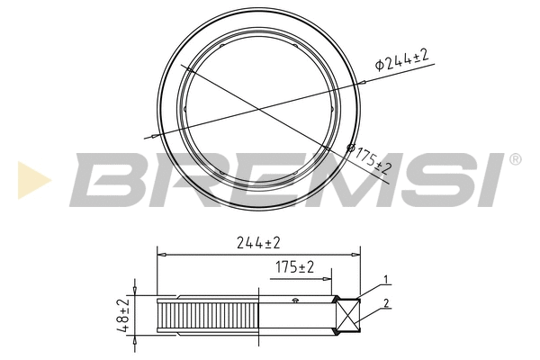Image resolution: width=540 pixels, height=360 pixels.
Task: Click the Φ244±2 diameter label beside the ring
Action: pos(401,60)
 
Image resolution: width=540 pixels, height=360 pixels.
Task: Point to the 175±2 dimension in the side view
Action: pos(293,267)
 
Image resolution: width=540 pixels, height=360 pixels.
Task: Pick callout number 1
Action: pos(385,279)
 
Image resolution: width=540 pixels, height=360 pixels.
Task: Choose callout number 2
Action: pos(385,303)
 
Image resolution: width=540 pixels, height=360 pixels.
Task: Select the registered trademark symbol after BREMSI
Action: pos(515,159)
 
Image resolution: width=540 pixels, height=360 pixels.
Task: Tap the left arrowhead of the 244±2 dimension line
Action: pos(161,253)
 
